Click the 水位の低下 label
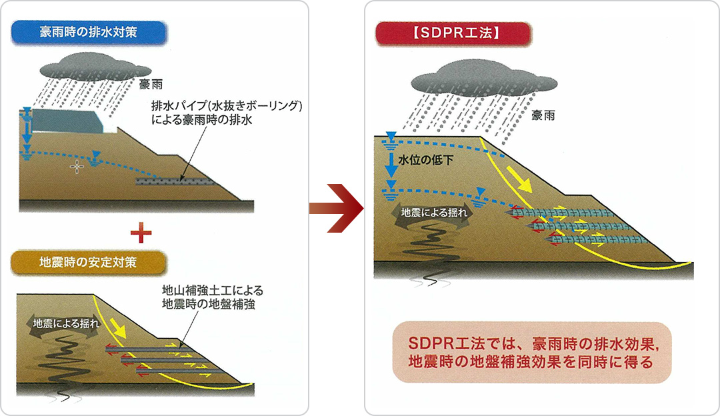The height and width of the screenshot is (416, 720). [423, 161]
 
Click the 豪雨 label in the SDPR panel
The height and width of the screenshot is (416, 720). [543, 115]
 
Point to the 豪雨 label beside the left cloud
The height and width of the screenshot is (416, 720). [151, 85]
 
